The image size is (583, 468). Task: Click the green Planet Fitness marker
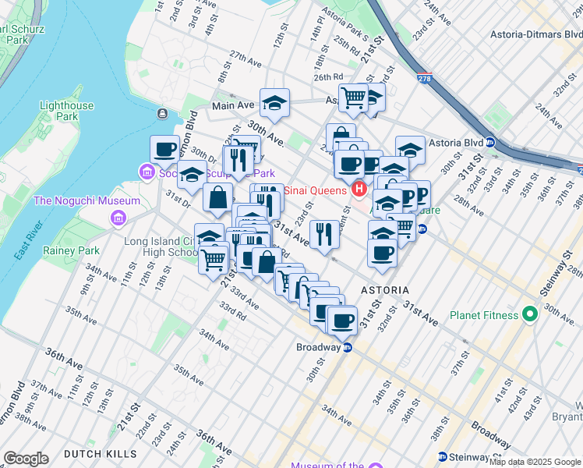click(x=530, y=315)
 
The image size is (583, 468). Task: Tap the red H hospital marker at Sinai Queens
click(x=359, y=188)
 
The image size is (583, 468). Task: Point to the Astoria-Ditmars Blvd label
click(x=535, y=34)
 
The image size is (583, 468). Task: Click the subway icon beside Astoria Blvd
click(x=490, y=142)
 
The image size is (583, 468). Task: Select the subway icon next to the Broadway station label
click(x=348, y=347)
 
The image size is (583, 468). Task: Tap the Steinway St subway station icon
click(x=443, y=456)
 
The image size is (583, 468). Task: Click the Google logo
click(x=26, y=458)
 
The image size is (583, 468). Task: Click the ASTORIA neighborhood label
click(x=385, y=289)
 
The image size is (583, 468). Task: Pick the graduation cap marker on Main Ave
click(x=274, y=102)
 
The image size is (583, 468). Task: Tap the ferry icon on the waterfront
click(x=162, y=113)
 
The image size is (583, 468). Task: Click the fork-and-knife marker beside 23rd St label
click(x=324, y=232)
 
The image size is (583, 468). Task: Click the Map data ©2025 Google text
click(x=535, y=462)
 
